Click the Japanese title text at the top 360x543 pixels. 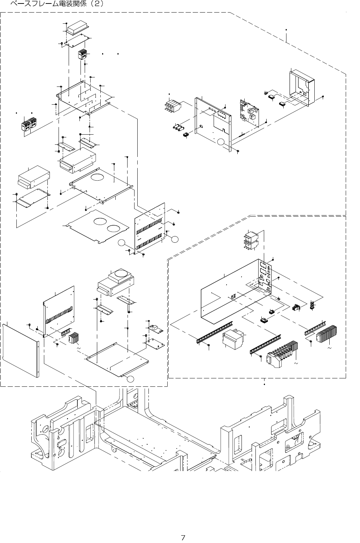pyautogui.click(x=58, y=5)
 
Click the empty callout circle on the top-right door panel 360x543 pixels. pyautogui.click(x=220, y=142)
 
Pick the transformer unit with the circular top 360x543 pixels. pyautogui.click(x=115, y=283)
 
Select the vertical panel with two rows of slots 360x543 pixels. pyautogui.click(x=150, y=229)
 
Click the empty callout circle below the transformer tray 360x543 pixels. pyautogui.click(x=130, y=379)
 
